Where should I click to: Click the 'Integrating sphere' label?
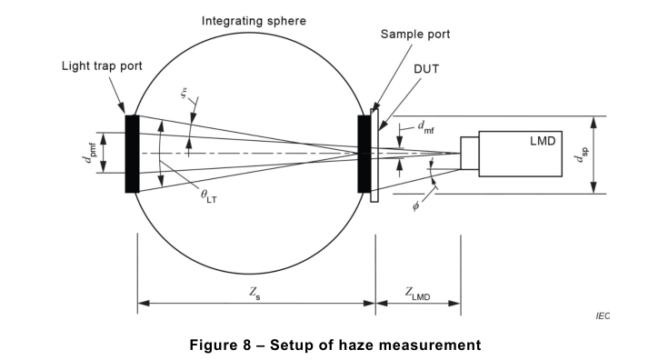[x=254, y=21]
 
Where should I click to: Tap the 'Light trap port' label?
[x=102, y=65]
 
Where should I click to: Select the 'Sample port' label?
[x=415, y=35]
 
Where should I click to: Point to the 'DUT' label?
[x=426, y=69]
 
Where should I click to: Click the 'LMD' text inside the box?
[x=543, y=141]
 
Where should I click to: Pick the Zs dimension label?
[x=254, y=293]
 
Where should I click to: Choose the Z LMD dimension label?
[x=417, y=294]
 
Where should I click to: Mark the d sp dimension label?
[x=582, y=155]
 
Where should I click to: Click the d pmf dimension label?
[x=89, y=153]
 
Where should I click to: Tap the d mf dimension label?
[x=425, y=127]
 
